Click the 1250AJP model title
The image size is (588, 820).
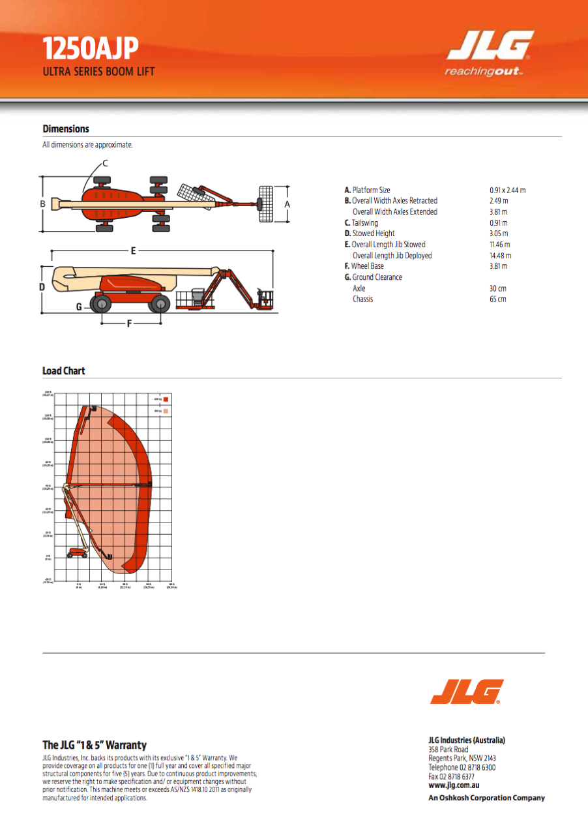point(91,49)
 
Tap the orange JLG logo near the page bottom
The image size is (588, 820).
point(467,691)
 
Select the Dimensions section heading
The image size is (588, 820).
point(66,129)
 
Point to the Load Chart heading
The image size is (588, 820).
point(64,371)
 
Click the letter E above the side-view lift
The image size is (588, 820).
point(133,250)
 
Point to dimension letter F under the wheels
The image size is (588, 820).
point(129,323)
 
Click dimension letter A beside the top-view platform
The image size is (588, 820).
point(287,204)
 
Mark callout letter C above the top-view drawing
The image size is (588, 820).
point(105,163)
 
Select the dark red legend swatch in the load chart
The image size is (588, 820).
point(166,399)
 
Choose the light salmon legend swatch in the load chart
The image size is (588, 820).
point(166,411)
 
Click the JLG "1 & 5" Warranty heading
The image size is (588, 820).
point(95,745)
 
